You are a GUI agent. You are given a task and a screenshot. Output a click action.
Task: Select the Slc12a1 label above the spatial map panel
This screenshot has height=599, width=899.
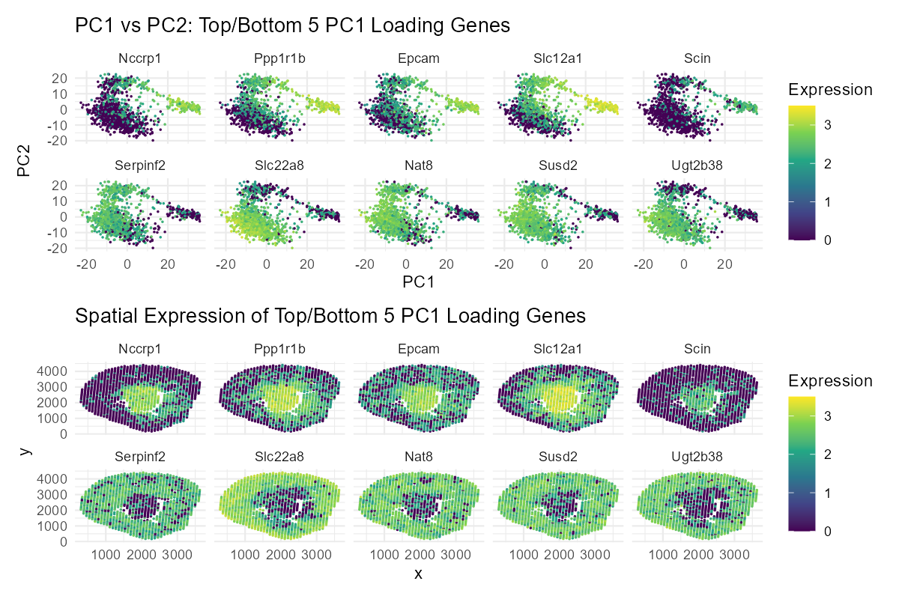tap(558, 349)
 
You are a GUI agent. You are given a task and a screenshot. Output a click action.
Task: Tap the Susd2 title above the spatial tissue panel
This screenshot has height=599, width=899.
tap(558, 456)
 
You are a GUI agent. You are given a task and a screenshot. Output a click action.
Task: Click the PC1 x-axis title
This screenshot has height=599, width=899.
tap(419, 283)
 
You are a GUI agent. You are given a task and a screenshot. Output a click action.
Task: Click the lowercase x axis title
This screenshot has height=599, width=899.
tap(419, 574)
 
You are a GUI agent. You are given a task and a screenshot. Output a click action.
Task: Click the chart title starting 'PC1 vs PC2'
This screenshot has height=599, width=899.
tap(292, 26)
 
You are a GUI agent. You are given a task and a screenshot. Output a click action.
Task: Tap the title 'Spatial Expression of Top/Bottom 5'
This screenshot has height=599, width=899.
tap(330, 317)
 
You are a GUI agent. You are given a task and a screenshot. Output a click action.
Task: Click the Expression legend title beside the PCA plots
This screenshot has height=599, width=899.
tap(830, 90)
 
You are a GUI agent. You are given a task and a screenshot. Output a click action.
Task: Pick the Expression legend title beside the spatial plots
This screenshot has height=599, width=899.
tap(830, 381)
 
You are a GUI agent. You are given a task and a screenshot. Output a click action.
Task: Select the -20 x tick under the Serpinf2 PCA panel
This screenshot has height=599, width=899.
tap(86, 264)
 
